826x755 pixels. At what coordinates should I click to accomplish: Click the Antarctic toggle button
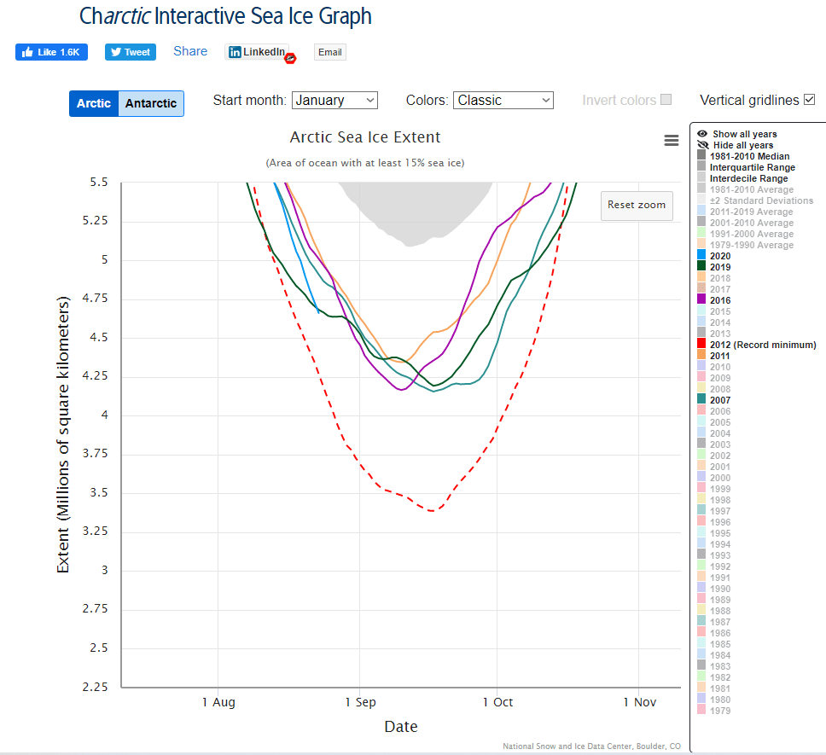[x=151, y=103]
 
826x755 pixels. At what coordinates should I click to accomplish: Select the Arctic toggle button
[x=94, y=103]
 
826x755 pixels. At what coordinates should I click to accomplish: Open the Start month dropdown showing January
[x=334, y=100]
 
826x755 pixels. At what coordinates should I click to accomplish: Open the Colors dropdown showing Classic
[x=503, y=100]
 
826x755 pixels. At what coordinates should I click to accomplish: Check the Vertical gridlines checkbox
[x=810, y=100]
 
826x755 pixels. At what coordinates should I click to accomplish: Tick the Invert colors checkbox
[x=666, y=100]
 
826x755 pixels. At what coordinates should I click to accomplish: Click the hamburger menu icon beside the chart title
[x=672, y=141]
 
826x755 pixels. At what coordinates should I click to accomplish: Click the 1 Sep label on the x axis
[x=360, y=702]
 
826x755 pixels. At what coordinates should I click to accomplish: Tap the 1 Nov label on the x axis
[x=639, y=702]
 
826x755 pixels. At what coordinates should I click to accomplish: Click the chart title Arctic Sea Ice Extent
[x=365, y=137]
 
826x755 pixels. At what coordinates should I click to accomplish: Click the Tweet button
[x=131, y=52]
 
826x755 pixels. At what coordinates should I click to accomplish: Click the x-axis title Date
[x=400, y=727]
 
